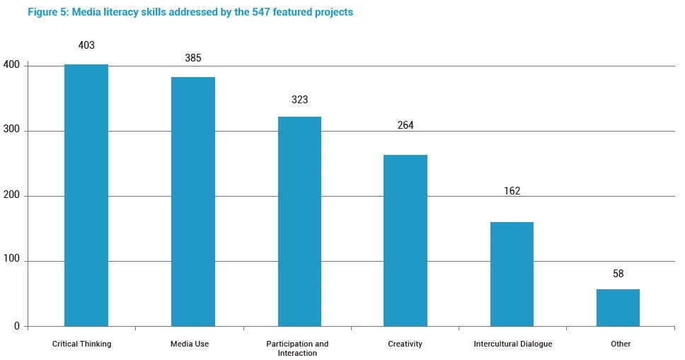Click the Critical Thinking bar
click(86, 195)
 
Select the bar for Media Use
click(193, 202)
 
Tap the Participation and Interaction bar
click(299, 221)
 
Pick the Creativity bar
click(405, 240)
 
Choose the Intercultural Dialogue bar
click(512, 274)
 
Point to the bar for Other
click(618, 308)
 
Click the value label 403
click(86, 45)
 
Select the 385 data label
click(193, 58)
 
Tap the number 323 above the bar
click(299, 100)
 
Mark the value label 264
click(405, 125)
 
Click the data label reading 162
click(512, 191)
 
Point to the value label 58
click(618, 274)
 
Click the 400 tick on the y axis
click(12, 66)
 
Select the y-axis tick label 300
click(12, 131)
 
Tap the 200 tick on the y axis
click(12, 196)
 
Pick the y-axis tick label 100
click(12, 262)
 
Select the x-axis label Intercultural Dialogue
click(512, 344)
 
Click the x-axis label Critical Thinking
click(82, 344)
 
